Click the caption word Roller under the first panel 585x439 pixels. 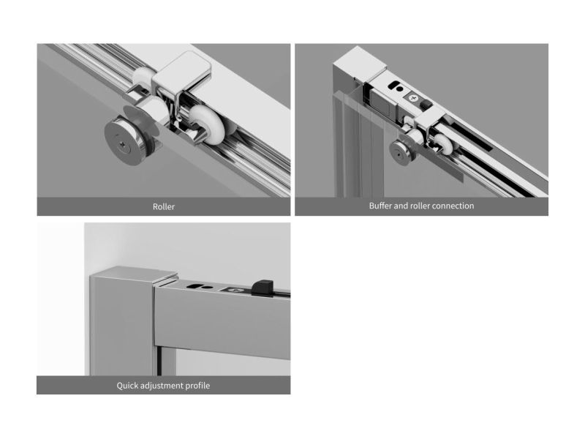(x=163, y=206)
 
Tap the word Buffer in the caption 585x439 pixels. (x=380, y=206)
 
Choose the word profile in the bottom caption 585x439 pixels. (x=197, y=386)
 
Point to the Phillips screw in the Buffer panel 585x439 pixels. (x=412, y=98)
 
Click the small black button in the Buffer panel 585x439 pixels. (x=425, y=104)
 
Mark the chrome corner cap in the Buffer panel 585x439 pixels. (x=360, y=64)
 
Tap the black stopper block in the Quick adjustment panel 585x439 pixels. (x=263, y=287)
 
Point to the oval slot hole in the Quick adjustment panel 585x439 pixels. (x=194, y=286)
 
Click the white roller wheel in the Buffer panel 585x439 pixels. (x=443, y=144)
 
